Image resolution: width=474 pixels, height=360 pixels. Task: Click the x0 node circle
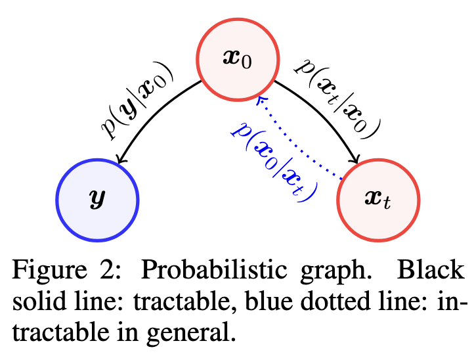[237, 58]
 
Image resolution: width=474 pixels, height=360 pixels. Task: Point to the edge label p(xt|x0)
[339, 95]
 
